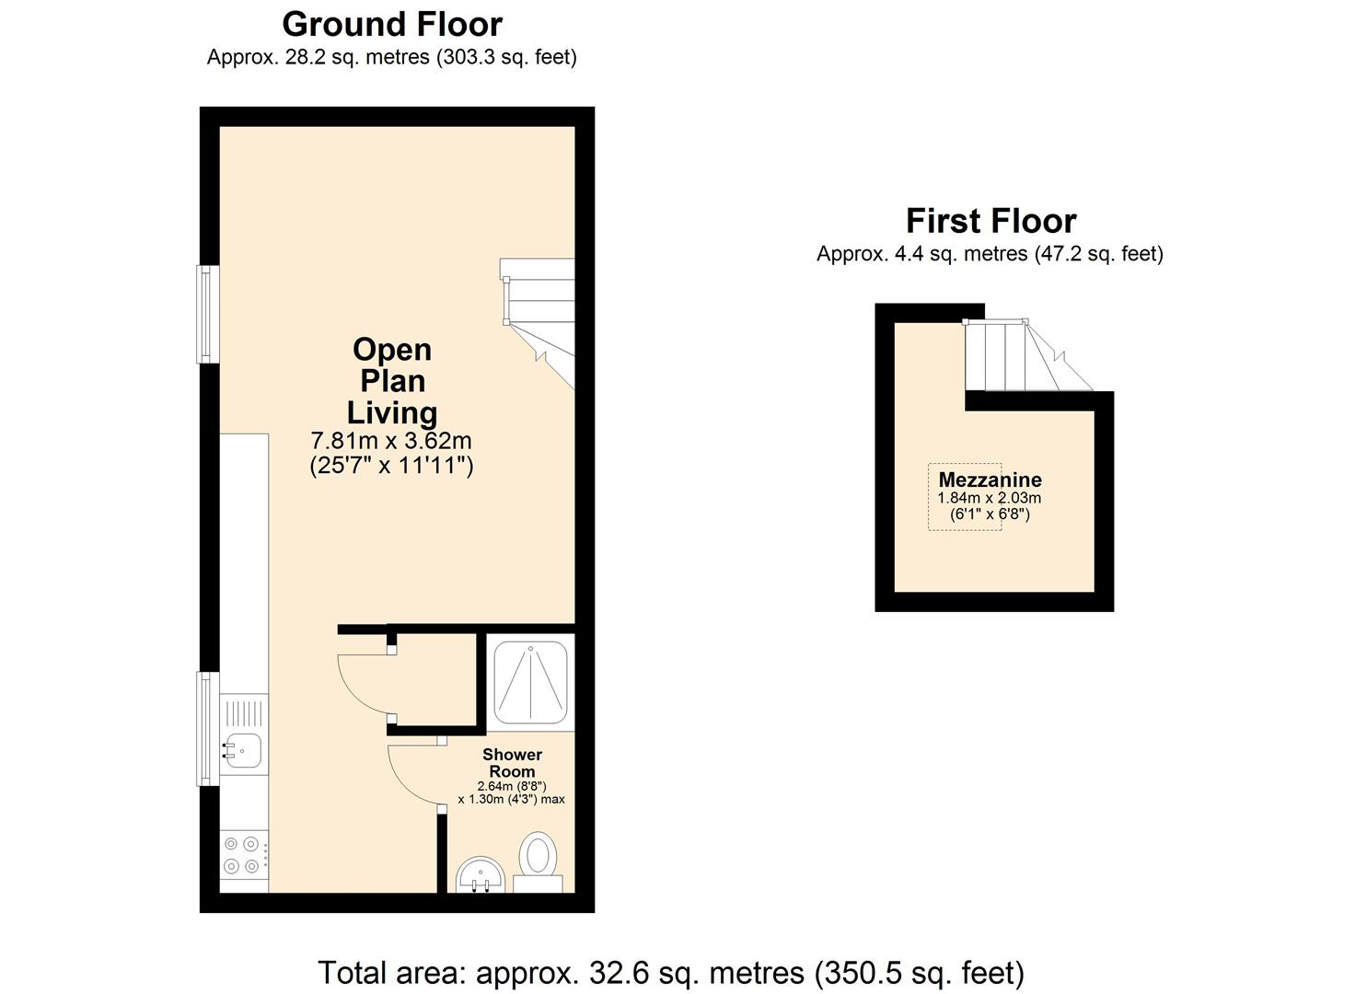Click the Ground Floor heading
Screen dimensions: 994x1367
(392, 24)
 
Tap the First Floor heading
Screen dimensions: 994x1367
(990, 221)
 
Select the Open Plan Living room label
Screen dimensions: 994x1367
(392, 381)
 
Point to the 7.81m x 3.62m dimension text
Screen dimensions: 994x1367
(392, 441)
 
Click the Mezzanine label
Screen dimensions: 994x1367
(990, 480)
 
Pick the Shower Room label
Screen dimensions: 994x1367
(512, 763)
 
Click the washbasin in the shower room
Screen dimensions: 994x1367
(481, 873)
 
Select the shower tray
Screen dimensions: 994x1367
(531, 683)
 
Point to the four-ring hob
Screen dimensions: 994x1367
(242, 854)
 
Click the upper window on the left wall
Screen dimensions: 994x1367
(209, 314)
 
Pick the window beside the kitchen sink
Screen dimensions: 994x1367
(208, 728)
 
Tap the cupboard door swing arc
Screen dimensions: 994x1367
(361, 682)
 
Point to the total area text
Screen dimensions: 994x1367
(670, 972)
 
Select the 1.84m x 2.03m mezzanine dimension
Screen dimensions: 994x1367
(990, 498)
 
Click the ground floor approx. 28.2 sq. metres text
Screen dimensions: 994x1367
(392, 57)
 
